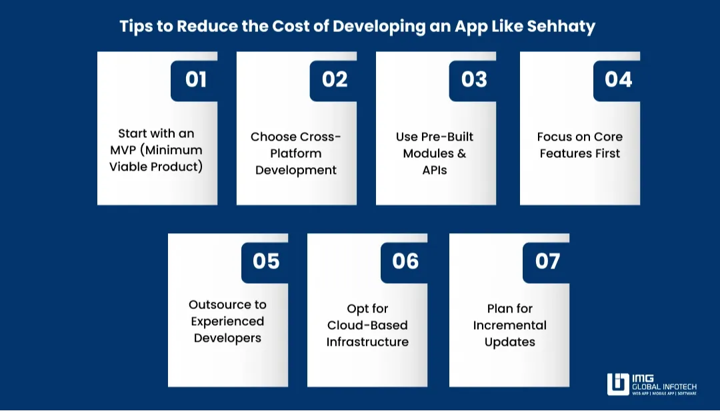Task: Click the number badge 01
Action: tap(194, 81)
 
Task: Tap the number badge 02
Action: tap(333, 81)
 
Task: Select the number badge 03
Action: tap(473, 81)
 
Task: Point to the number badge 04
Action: tap(617, 81)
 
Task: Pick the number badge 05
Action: tap(265, 262)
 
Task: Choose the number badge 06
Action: tap(404, 262)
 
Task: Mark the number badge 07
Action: tap(547, 262)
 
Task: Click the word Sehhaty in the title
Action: tap(561, 27)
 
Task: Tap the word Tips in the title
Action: tap(136, 27)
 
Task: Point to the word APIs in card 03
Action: tap(435, 170)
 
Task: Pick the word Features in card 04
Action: tap(560, 153)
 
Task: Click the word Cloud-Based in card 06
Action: tap(367, 325)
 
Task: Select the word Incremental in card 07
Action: tap(510, 325)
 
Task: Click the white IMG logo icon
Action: tap(618, 384)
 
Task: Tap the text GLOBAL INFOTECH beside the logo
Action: tap(664, 387)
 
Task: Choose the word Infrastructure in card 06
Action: tap(367, 342)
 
